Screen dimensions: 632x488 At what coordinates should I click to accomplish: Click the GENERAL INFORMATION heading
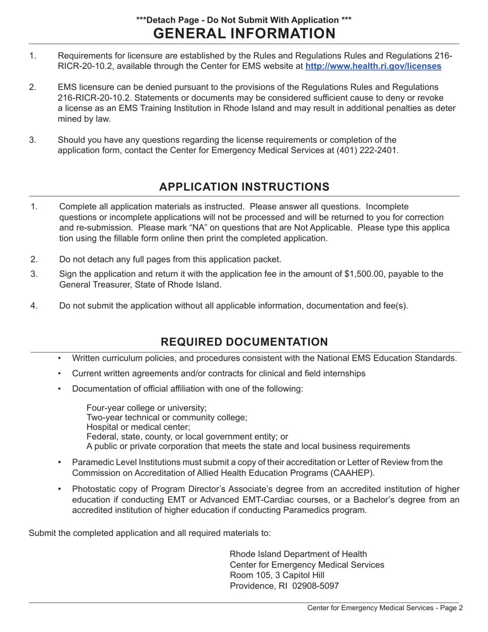(244, 33)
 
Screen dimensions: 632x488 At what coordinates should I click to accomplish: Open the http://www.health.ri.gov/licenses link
(373, 66)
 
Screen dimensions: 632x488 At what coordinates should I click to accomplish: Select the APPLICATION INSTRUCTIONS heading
(244, 187)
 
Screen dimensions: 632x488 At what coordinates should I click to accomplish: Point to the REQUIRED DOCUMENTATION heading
(244, 342)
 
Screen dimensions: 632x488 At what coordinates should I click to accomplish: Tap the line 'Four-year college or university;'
(146, 407)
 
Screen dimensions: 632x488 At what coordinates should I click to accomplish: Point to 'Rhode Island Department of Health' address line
(298, 554)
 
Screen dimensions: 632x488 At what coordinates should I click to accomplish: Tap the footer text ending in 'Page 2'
(385, 608)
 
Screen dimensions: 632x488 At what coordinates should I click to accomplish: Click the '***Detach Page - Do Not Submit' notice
(244, 20)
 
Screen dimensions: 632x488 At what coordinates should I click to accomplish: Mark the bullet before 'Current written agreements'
(60, 374)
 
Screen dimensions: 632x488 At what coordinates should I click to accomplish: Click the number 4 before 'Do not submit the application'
(33, 306)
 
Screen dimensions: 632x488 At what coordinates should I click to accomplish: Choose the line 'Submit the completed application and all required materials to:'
(149, 533)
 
